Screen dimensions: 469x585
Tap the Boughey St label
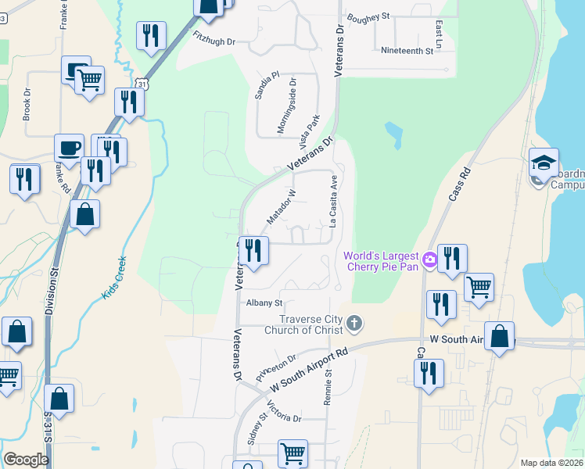368,16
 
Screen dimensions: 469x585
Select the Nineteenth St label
407,51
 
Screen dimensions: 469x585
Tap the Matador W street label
281,206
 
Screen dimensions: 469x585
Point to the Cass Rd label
461,184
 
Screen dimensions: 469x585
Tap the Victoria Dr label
283,412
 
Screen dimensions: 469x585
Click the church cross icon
354,323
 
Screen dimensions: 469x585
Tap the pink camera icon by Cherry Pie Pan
429,259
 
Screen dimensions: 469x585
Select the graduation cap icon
544,162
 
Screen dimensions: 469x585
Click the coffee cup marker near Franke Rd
69,147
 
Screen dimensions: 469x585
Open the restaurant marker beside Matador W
253,250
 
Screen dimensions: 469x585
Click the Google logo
26,460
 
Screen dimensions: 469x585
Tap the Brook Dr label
27,102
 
